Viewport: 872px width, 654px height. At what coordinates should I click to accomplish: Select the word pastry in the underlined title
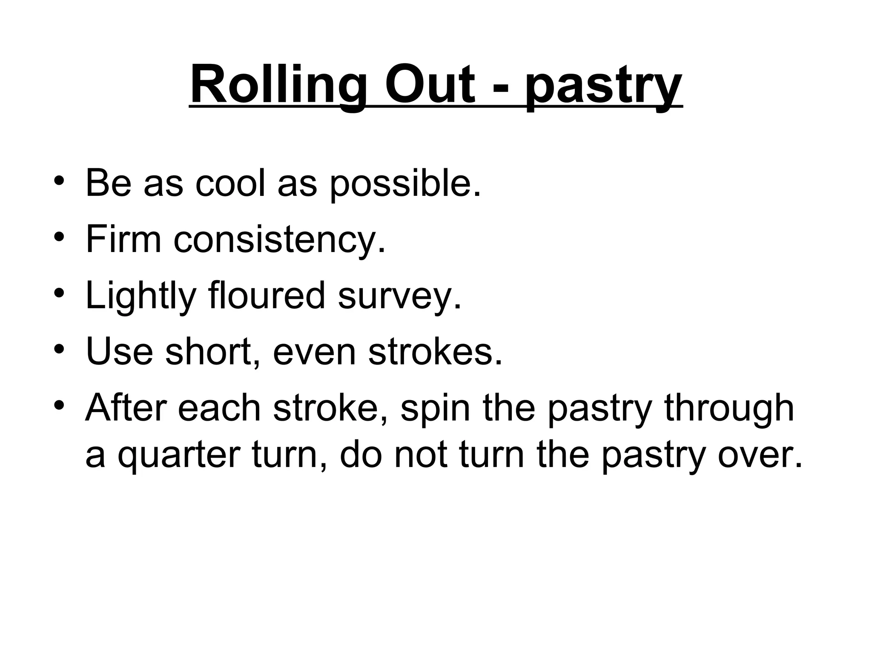coord(603,87)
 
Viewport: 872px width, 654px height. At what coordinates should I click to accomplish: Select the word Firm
coord(123,239)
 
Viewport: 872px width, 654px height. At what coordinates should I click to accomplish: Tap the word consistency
coord(279,241)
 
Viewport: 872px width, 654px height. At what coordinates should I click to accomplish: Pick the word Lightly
coord(141,296)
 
